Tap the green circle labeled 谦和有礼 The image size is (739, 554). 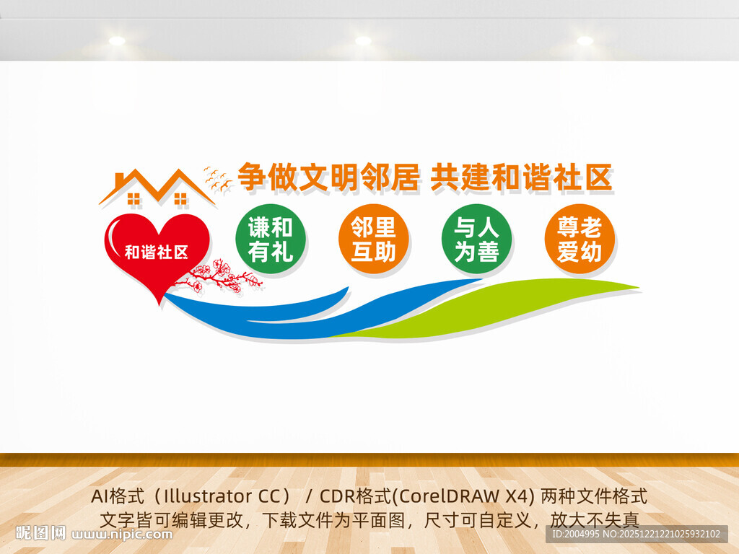(x=271, y=239)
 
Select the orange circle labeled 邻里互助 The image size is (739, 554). (x=373, y=239)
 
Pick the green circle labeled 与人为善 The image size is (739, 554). (x=476, y=239)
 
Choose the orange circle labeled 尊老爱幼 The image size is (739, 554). (x=580, y=239)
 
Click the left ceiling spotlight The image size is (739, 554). (x=117, y=41)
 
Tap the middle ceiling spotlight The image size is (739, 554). (x=363, y=41)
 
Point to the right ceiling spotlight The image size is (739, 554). (x=585, y=41)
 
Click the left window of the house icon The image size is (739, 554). (x=133, y=196)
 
